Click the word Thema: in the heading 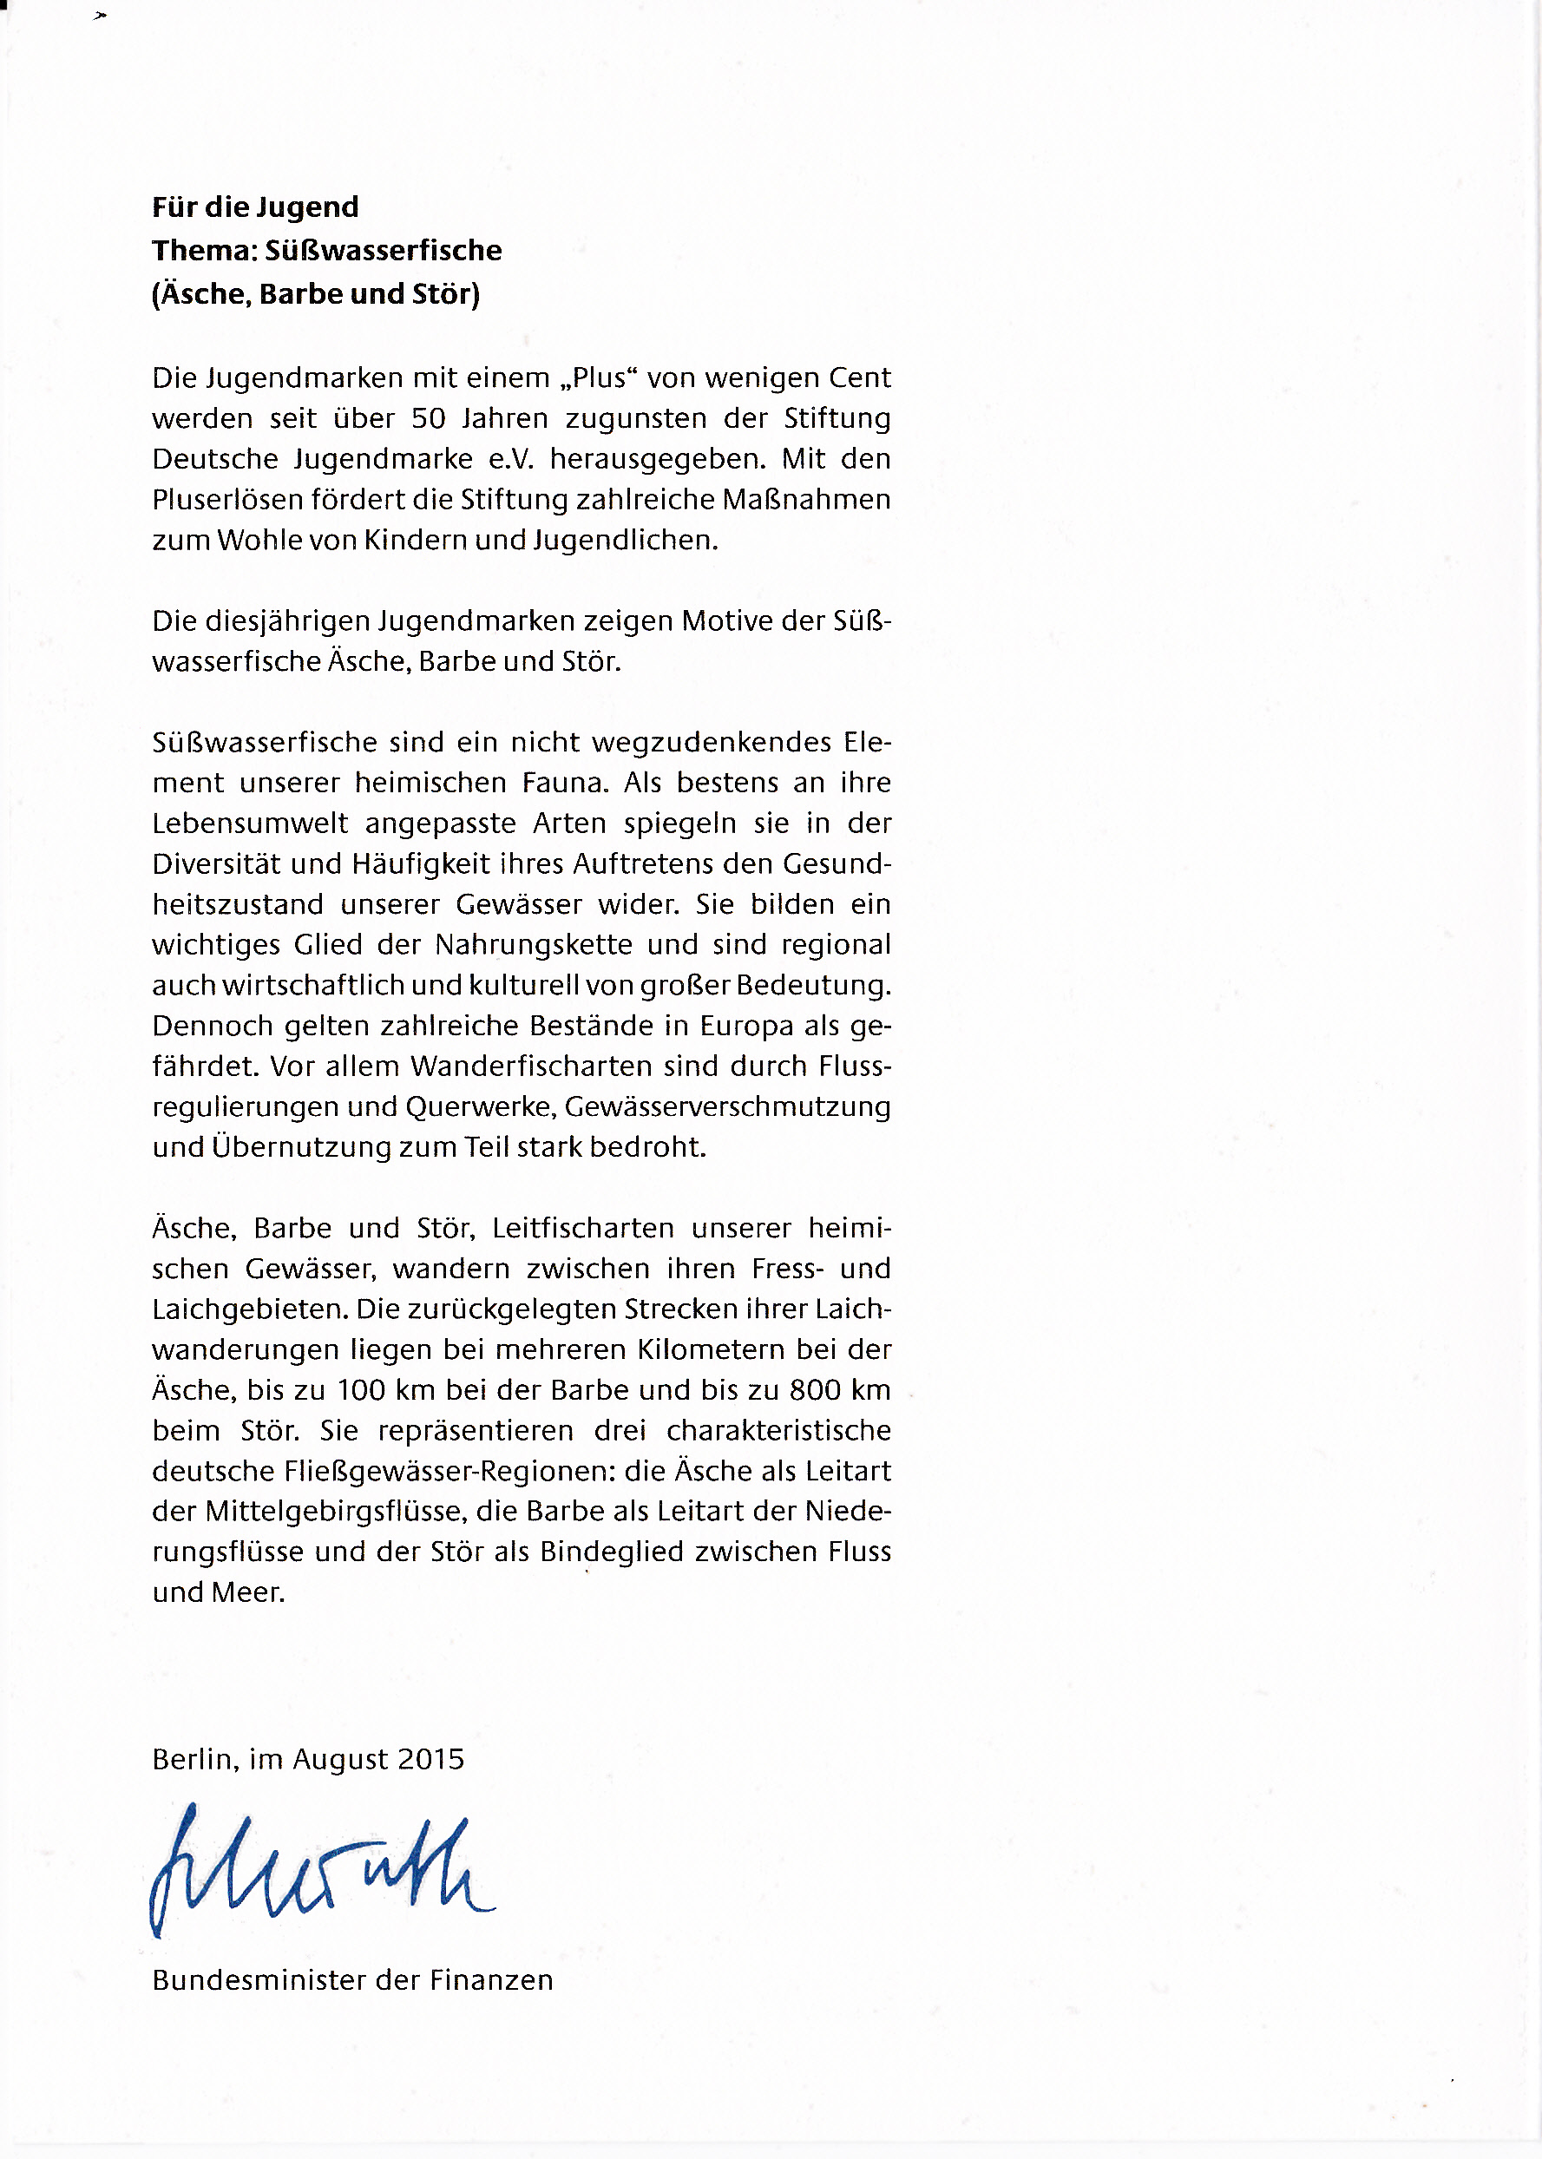pos(204,251)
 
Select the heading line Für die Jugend pos(255,207)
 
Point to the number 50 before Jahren pos(428,419)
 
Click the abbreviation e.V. pos(512,460)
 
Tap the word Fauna pos(564,784)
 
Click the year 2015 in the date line pos(431,1759)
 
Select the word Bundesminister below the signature pos(259,1980)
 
